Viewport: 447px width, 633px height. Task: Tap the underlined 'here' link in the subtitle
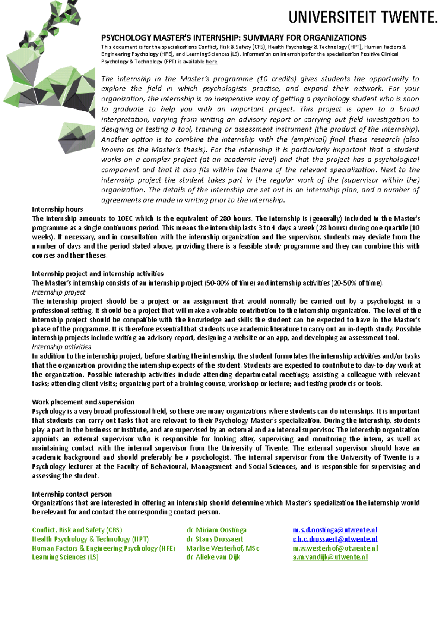(211, 62)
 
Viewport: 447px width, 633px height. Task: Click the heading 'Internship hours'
(57, 210)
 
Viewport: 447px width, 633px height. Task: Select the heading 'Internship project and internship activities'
(98, 274)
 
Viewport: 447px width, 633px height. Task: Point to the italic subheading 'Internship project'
(58, 292)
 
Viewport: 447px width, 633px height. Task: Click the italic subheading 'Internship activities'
(61, 347)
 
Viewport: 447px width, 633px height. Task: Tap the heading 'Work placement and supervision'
(83, 402)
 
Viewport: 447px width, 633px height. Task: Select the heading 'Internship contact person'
(72, 494)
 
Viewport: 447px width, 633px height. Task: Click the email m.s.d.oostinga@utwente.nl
(335, 530)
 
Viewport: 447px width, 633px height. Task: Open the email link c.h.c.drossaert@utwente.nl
(335, 539)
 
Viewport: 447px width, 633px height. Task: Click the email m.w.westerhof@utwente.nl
(335, 548)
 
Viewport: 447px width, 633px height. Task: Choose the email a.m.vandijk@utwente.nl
(330, 557)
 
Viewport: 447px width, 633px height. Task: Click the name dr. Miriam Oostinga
(216, 530)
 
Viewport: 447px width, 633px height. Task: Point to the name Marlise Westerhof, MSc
(223, 548)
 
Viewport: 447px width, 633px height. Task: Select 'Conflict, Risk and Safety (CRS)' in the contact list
(77, 530)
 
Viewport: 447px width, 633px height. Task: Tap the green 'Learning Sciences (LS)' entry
(65, 557)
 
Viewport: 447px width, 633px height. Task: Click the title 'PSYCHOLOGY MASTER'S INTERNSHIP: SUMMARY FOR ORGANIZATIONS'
(234, 38)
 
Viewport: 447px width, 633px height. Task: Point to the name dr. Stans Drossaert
(215, 539)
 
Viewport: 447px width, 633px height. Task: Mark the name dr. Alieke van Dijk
(213, 557)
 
